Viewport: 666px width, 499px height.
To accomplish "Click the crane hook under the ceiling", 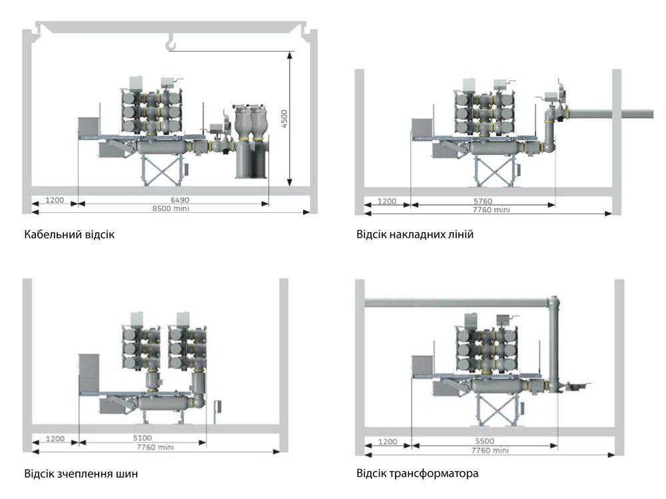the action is coord(170,43).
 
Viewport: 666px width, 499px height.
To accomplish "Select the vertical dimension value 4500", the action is coord(284,118).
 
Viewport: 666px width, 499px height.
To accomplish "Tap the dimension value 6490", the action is coord(180,200).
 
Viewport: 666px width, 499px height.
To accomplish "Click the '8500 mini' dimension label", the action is coord(170,208).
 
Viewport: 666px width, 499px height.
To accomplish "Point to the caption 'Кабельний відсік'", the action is coord(69,235).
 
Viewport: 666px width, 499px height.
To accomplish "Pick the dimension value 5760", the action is coord(482,201).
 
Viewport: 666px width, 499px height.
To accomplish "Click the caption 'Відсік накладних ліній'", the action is coord(415,235).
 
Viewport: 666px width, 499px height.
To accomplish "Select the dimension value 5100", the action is coord(143,438).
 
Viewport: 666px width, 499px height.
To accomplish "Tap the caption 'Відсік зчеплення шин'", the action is coord(81,474).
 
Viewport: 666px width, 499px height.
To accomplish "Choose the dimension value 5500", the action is coord(485,441).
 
